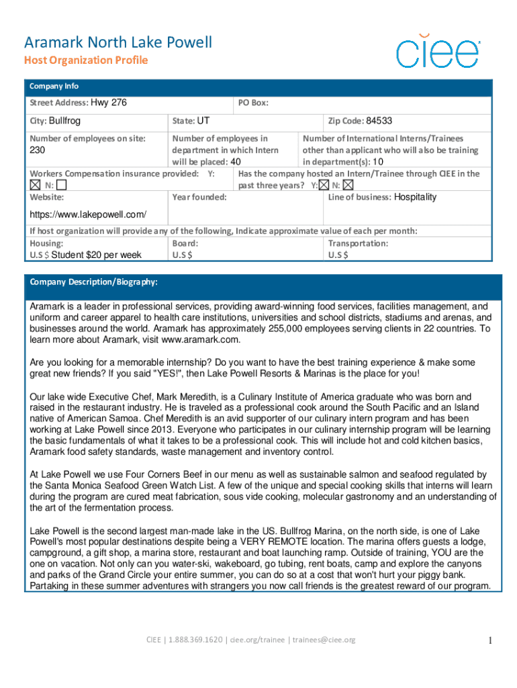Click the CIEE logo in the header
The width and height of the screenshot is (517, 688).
pyautogui.click(x=438, y=50)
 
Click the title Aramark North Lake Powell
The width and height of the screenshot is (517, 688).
pyautogui.click(x=118, y=43)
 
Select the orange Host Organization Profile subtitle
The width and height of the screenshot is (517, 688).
pyautogui.click(x=86, y=60)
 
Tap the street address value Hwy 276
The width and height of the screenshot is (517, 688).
pyautogui.click(x=108, y=103)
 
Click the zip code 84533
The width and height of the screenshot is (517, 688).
pyautogui.click(x=379, y=121)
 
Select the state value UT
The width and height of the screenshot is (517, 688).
pyautogui.click(x=203, y=121)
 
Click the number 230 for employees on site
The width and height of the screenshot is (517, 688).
pyautogui.click(x=38, y=150)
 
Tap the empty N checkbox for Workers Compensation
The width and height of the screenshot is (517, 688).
pyautogui.click(x=62, y=185)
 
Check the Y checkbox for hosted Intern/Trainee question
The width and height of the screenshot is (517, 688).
pyautogui.click(x=324, y=185)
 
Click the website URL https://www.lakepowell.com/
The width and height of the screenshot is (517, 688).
pyautogui.click(x=88, y=215)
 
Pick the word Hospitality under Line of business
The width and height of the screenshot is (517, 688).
pyautogui.click(x=414, y=197)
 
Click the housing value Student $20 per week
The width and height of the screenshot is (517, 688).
pyautogui.click(x=96, y=255)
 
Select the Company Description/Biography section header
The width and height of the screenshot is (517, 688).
pyautogui.click(x=93, y=282)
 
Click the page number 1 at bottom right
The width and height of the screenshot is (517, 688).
pyautogui.click(x=491, y=640)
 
